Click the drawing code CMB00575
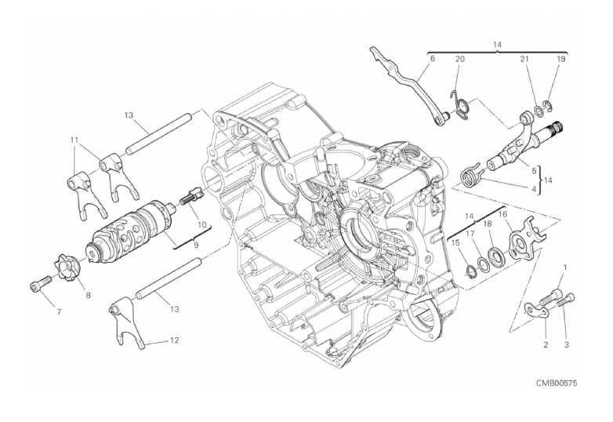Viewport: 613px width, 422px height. (x=557, y=383)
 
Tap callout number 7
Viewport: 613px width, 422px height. (x=59, y=312)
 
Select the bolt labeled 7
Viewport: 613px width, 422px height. (x=40, y=283)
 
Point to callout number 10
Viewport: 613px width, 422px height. (x=201, y=224)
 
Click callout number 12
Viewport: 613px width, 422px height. (x=174, y=340)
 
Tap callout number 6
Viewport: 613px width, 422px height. (x=432, y=59)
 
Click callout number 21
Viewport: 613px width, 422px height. (x=524, y=59)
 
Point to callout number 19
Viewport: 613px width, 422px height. (x=561, y=59)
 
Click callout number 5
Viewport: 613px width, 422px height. (x=534, y=170)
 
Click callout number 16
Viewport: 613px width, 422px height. (x=502, y=214)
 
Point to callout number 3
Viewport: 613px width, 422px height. (x=567, y=344)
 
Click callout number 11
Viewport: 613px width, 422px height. (x=74, y=140)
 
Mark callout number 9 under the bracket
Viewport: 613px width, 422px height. (x=196, y=245)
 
